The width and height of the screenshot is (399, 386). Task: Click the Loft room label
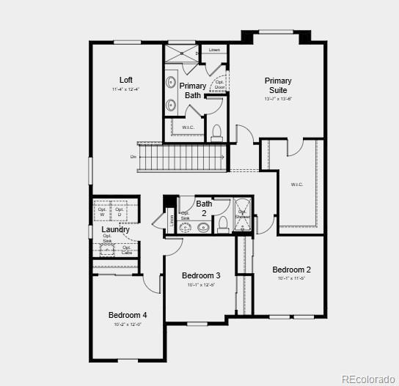click(x=126, y=80)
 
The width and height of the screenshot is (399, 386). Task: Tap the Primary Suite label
click(x=278, y=86)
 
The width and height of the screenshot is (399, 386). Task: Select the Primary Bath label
click(x=193, y=90)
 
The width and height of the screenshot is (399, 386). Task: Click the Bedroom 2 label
click(x=291, y=270)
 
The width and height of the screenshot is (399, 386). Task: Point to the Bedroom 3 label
click(x=201, y=275)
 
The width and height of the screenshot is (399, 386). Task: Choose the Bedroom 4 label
click(x=128, y=315)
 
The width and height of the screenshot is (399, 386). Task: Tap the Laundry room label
click(x=115, y=230)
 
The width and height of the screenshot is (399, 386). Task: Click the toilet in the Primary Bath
click(x=216, y=133)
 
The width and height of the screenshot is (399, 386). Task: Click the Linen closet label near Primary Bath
click(x=214, y=50)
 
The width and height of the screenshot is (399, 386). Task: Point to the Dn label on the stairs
click(x=133, y=156)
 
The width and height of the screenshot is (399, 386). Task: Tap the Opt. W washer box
click(x=102, y=212)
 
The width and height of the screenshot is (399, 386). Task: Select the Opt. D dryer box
click(x=119, y=212)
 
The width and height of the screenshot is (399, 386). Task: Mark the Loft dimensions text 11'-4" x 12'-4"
click(x=125, y=89)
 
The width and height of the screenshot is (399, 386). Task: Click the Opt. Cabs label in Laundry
click(x=126, y=250)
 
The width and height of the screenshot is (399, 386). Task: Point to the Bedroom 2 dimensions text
click(x=290, y=278)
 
